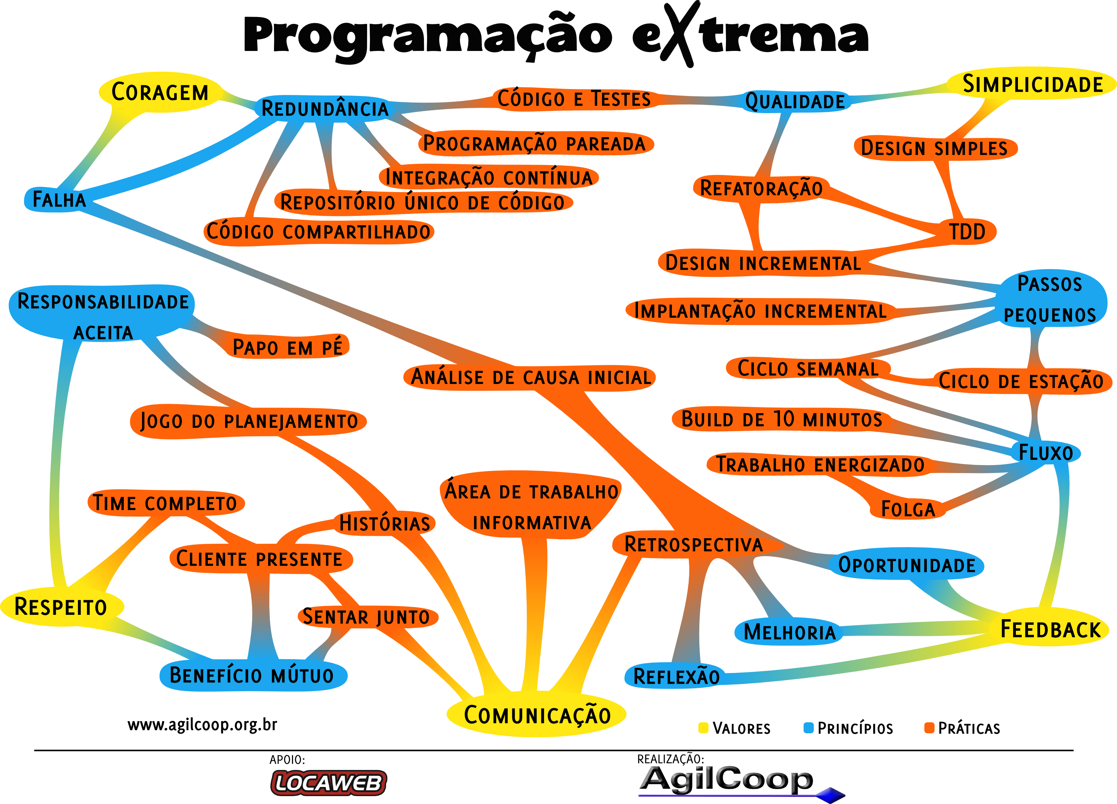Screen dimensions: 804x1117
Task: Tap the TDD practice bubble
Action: pyautogui.click(x=967, y=231)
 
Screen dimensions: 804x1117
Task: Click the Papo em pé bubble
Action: pyautogui.click(x=287, y=347)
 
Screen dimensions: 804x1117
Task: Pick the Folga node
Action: pyautogui.click(x=908, y=509)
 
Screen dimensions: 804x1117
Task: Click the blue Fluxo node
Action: pyautogui.click(x=1045, y=452)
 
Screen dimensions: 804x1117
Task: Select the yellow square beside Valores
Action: pyautogui.click(x=703, y=728)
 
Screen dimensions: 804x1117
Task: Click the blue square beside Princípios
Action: pyautogui.click(x=808, y=728)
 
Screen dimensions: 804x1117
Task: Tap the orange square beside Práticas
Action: pyautogui.click(x=929, y=728)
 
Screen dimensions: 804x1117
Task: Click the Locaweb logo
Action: pyautogui.click(x=328, y=783)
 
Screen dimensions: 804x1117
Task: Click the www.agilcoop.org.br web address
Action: pyautogui.click(x=202, y=725)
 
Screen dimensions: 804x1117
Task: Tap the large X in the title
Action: pyautogui.click(x=680, y=35)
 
